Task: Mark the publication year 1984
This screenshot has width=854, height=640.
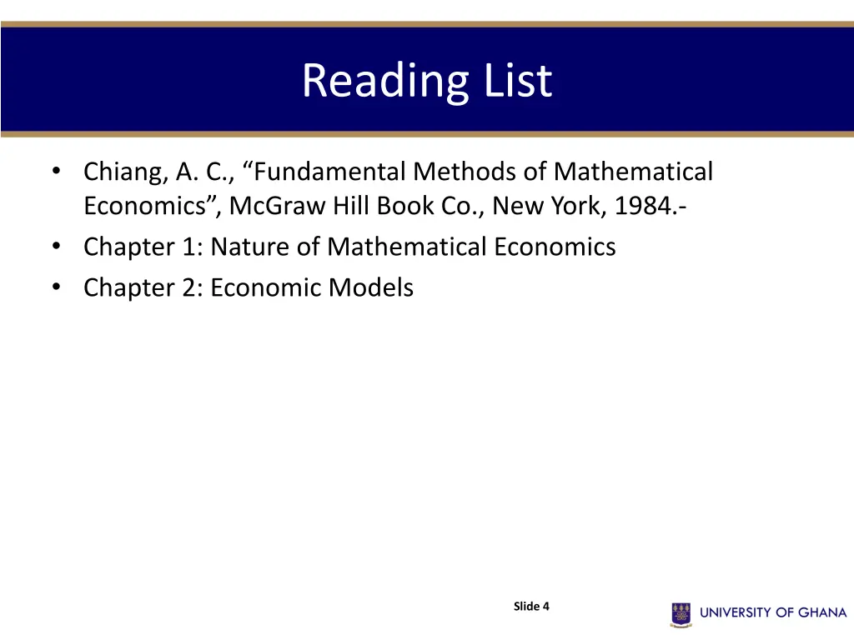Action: tap(645, 205)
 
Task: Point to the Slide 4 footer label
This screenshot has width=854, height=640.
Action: tap(531, 607)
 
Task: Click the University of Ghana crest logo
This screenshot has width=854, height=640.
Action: tap(681, 613)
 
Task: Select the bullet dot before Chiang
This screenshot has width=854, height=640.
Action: tap(55, 172)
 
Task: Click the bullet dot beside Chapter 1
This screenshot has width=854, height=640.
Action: tap(55, 247)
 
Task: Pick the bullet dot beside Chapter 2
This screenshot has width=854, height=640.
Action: tap(55, 287)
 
